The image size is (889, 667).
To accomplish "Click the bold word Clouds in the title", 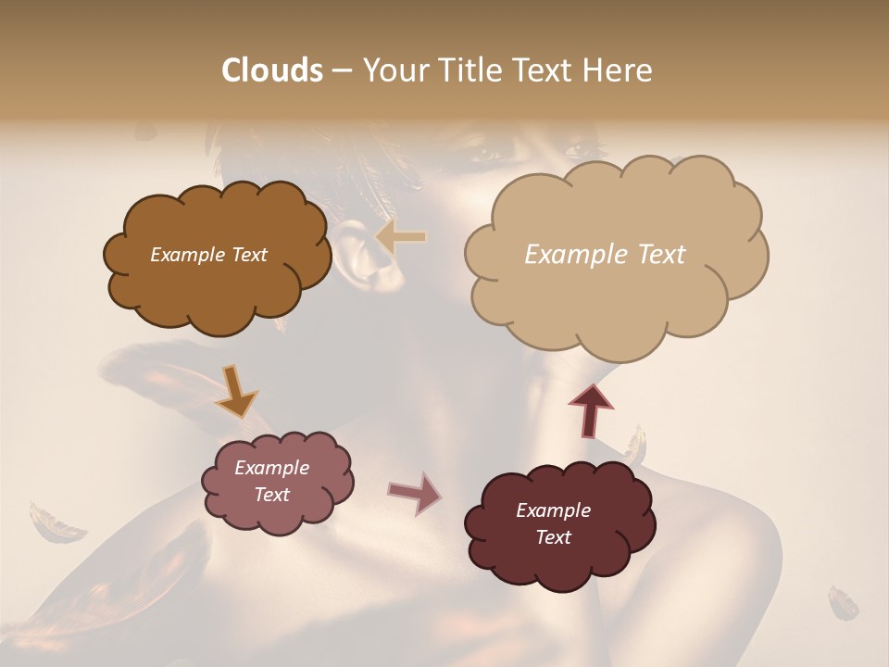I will [x=271, y=70].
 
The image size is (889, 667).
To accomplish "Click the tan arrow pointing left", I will [x=401, y=237].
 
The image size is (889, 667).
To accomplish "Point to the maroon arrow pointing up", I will [x=590, y=410].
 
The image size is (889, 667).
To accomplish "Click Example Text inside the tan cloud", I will [x=605, y=255].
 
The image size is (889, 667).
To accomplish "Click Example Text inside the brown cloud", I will [x=208, y=255].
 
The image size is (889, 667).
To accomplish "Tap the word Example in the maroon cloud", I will [x=553, y=510].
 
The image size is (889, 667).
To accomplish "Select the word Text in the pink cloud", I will [x=271, y=495].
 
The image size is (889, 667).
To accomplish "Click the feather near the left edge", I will [x=56, y=523].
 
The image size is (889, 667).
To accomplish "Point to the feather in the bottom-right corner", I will [x=844, y=602].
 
